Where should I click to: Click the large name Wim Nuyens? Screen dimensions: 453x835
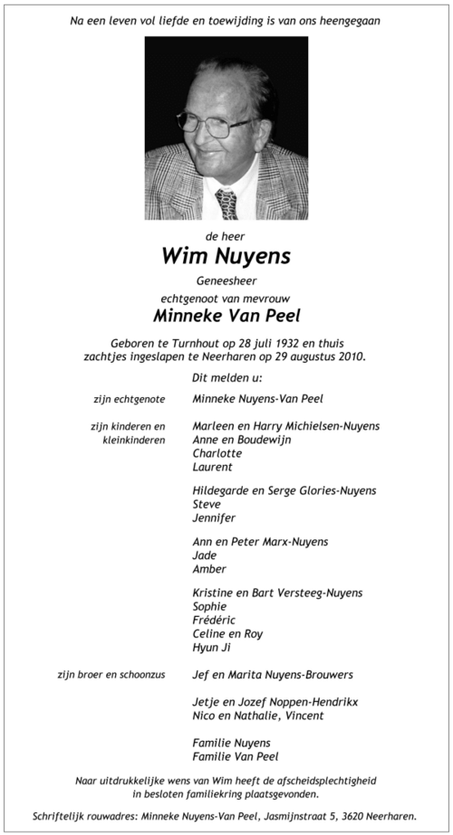coord(226,256)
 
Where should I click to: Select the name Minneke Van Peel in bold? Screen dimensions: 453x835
coord(226,317)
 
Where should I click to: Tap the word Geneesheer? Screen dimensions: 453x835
coord(226,280)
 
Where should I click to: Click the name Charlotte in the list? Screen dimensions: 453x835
coord(217,453)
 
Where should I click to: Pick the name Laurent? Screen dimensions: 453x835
coord(213,467)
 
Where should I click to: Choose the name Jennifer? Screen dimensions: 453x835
coord(215,517)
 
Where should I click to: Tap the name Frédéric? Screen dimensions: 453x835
coord(216,620)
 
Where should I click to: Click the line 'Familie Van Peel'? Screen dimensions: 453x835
coord(236,756)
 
